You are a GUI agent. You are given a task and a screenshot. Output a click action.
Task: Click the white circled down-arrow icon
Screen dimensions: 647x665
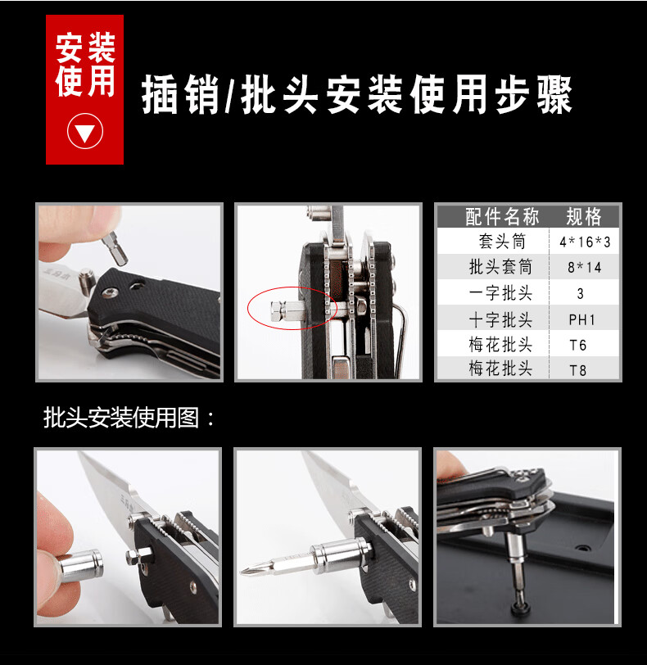85,131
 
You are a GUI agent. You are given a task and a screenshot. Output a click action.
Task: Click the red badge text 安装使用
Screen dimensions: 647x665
85,65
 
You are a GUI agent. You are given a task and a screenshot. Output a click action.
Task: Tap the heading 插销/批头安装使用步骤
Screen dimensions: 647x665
356,94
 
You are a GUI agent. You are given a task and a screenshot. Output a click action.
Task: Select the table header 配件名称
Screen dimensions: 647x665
502,217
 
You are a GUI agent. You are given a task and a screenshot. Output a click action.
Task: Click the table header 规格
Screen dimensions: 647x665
584,217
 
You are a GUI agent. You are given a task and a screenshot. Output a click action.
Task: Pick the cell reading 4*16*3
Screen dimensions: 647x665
585,242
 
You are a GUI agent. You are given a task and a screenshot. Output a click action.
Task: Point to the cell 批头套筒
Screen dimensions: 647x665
500,267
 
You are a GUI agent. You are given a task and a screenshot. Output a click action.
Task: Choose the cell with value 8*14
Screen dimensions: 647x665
584,268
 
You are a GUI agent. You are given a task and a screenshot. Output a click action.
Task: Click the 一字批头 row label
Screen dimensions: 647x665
500,293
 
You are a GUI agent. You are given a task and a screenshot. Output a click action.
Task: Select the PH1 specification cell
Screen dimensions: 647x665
581,319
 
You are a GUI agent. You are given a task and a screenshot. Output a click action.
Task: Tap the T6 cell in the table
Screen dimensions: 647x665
578,346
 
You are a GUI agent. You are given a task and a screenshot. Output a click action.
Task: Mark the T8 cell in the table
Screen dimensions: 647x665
578,370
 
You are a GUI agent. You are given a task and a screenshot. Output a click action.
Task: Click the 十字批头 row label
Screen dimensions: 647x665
500,319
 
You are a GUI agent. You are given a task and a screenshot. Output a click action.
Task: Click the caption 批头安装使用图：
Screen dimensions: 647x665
129,418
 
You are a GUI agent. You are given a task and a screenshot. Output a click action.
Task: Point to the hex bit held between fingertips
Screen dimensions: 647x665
115,248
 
